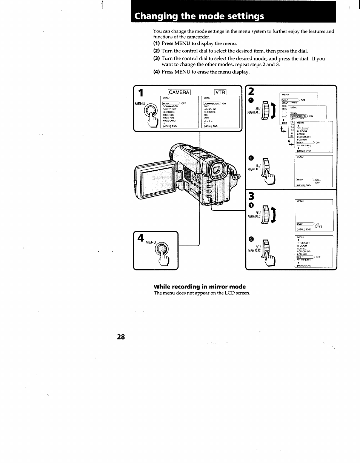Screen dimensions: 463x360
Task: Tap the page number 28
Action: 121,337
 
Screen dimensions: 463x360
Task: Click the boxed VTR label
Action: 220,92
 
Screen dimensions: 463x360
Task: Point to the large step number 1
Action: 141,94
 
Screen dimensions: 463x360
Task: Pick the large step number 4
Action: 140,239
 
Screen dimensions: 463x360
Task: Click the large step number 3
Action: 252,196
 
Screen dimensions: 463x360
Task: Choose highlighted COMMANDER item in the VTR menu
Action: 211,103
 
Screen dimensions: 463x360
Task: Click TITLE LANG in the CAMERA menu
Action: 169,120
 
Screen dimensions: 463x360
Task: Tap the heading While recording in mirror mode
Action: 199,287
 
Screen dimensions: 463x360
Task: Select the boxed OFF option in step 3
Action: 318,227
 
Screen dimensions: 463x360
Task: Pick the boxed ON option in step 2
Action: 317,179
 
